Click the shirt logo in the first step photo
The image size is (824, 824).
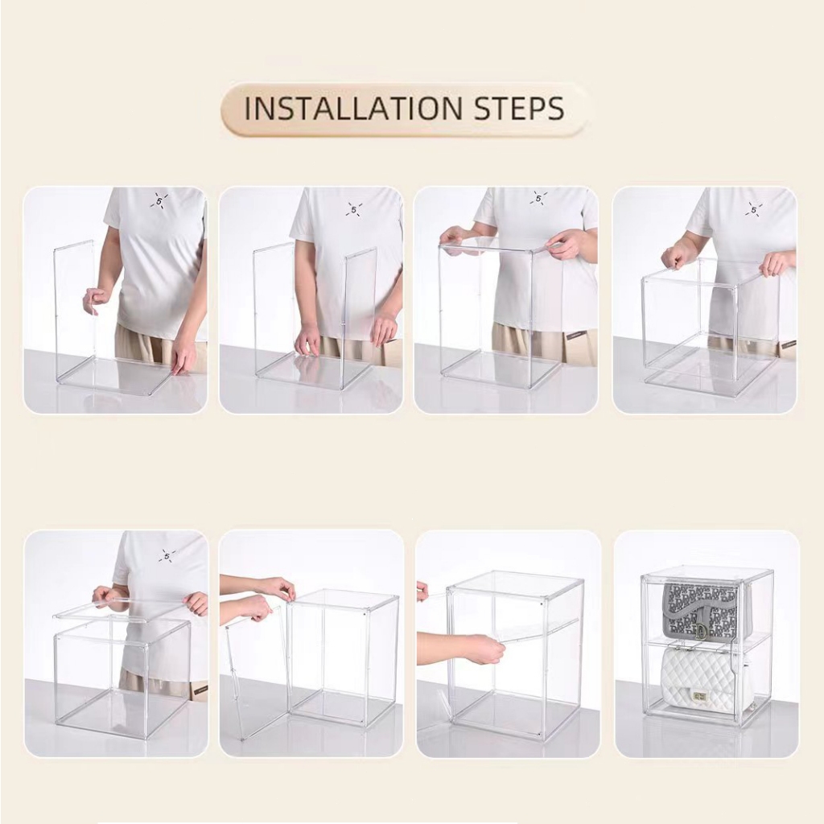click(159, 200)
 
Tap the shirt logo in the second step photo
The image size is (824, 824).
click(354, 208)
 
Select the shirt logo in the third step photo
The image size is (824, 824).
click(538, 199)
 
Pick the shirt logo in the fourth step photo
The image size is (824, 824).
click(754, 209)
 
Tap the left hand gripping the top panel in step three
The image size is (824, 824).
click(455, 238)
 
